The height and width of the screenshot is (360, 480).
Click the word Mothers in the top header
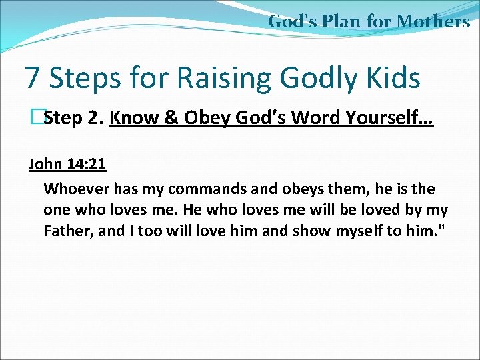pos(433,21)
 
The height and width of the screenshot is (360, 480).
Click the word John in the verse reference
pos(44,164)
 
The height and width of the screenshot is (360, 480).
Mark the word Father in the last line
pos(66,231)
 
